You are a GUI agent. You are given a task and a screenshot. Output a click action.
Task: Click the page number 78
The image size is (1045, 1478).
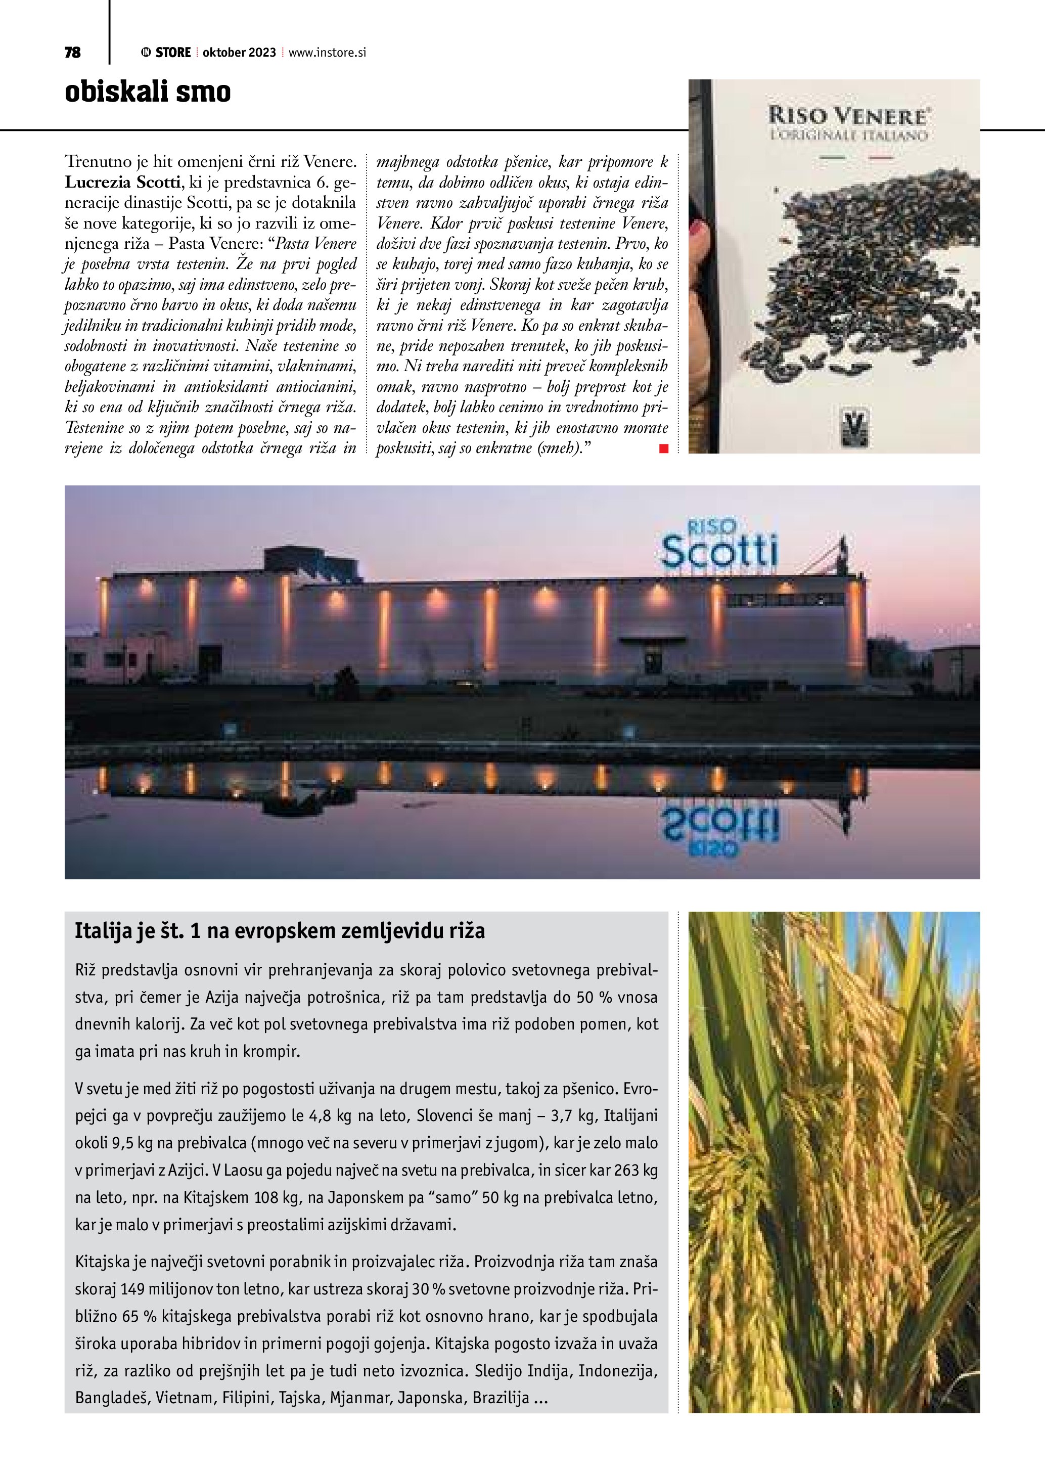73,53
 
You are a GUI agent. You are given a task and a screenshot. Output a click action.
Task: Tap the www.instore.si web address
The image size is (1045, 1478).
327,53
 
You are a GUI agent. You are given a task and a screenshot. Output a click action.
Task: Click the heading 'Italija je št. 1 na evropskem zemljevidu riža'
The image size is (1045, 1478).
280,931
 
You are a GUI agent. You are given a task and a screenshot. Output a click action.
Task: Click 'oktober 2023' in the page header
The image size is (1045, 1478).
239,53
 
